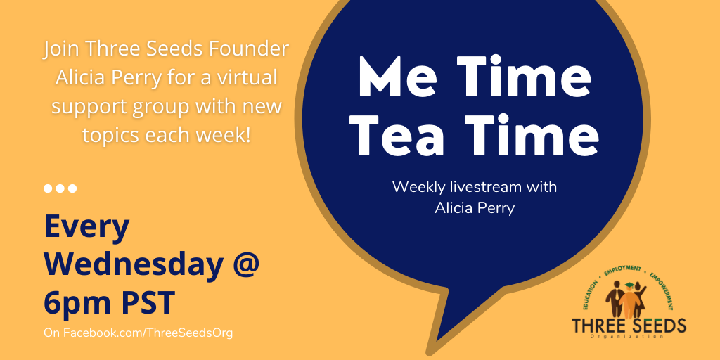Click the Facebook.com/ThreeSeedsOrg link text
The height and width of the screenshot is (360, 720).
click(x=138, y=332)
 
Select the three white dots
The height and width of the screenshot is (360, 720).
click(x=60, y=188)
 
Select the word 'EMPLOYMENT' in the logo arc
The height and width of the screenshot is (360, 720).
click(x=622, y=269)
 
